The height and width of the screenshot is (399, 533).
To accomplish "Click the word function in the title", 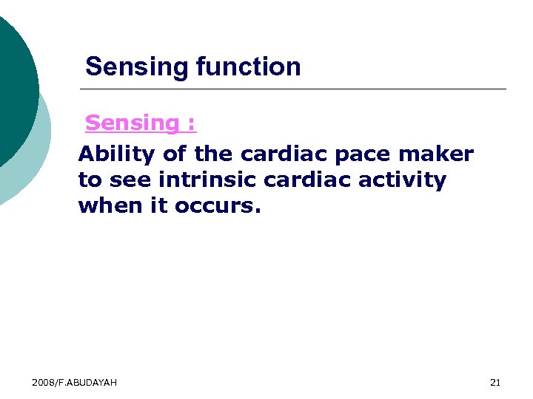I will click(248, 67).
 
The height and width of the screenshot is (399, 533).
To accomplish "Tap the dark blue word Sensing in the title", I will click(138, 67).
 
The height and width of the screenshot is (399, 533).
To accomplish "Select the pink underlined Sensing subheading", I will click(141, 123).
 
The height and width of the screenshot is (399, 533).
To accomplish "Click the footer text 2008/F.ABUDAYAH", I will click(74, 382).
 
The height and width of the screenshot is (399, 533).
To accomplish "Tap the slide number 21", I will click(495, 382).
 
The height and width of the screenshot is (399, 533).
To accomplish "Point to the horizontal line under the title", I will click(296, 89).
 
